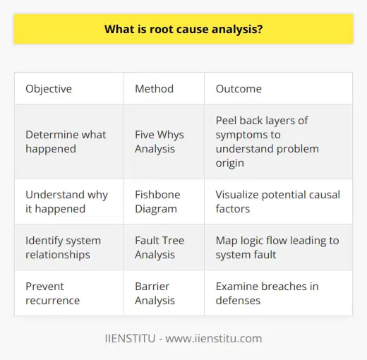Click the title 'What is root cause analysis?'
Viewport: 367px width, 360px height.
point(183,30)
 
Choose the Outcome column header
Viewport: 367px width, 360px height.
point(239,89)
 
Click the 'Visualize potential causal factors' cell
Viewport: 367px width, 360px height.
point(277,201)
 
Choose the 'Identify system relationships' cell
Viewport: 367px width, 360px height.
point(62,248)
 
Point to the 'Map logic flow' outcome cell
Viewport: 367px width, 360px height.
point(277,248)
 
